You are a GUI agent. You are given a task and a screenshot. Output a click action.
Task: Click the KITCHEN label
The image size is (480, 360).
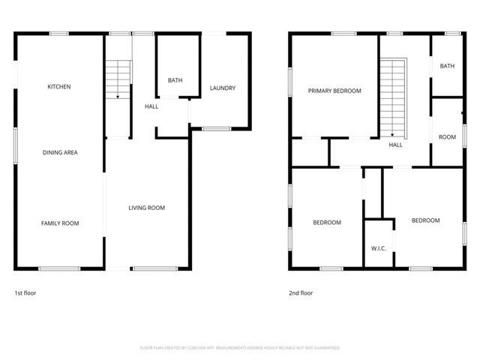click(59, 87)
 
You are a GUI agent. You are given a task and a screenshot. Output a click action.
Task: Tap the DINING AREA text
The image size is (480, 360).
click(59, 152)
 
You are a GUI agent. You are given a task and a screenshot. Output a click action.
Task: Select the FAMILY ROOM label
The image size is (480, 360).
click(59, 223)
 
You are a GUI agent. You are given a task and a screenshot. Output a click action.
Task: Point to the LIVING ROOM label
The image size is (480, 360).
click(146, 208)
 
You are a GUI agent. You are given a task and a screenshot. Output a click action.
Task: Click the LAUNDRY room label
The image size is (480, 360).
click(223, 88)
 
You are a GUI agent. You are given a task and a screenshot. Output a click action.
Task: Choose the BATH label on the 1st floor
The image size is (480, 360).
click(175, 80)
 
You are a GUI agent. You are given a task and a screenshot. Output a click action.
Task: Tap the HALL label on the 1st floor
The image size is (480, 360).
click(151, 106)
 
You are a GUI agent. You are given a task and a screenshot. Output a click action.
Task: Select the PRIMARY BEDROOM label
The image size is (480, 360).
click(334, 91)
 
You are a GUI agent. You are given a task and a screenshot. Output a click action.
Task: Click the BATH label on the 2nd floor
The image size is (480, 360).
click(447, 66)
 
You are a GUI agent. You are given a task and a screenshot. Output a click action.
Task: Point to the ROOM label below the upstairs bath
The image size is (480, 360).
click(447, 137)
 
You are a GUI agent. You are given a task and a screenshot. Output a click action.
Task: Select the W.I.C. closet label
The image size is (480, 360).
click(378, 248)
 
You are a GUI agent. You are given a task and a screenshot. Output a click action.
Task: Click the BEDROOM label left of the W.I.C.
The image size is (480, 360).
click(327, 222)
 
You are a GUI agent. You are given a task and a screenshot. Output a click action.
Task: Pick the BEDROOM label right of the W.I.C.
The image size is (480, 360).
click(425, 220)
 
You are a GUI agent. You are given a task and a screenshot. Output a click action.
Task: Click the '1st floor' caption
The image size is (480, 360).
click(25, 293)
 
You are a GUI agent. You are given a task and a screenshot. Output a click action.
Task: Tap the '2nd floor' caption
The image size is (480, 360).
click(300, 293)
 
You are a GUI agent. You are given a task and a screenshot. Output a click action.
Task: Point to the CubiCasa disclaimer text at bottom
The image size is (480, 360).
click(240, 348)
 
